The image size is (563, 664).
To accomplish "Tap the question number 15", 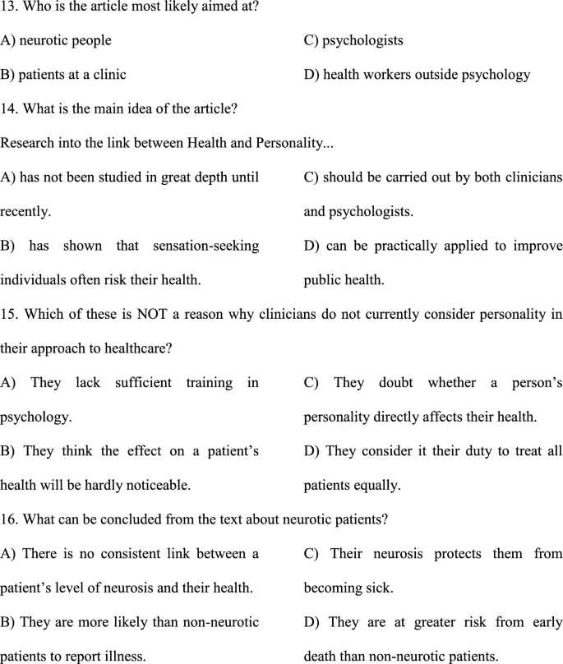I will click(x=8, y=314).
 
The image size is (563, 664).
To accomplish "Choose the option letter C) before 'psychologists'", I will click(x=311, y=39).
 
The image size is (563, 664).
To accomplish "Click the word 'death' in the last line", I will click(x=321, y=657).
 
